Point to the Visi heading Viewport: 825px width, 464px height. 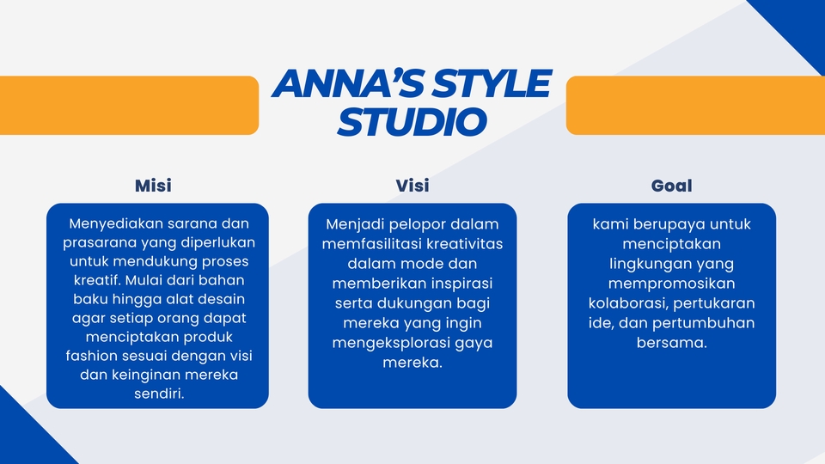tap(412, 186)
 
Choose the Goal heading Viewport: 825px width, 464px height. tap(671, 186)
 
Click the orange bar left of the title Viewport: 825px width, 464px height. tap(129, 105)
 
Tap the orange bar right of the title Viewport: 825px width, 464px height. tap(694, 105)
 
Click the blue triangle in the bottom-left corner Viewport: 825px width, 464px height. tap(26, 434)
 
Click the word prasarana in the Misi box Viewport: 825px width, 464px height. tap(98, 243)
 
